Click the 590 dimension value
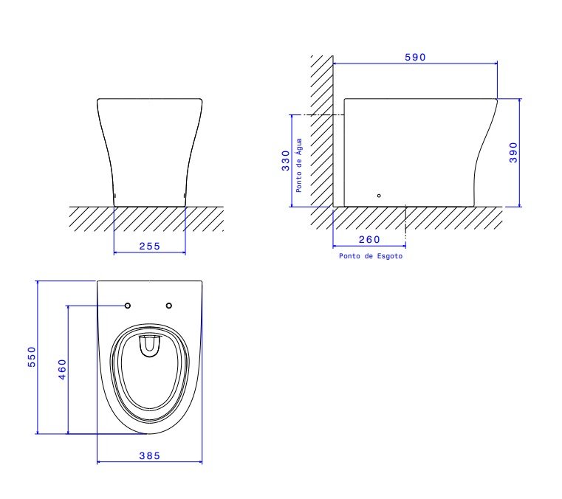[415, 58]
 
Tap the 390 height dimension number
[513, 153]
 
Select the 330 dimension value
[285, 161]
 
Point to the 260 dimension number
[369, 240]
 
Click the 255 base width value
[149, 247]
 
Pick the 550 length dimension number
[32, 357]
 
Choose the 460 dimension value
[62, 369]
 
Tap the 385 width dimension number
[149, 456]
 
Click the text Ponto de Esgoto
[371, 256]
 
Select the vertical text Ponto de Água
[299, 165]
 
